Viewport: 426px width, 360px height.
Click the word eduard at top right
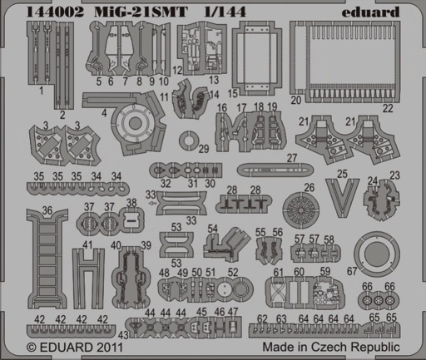click(x=370, y=12)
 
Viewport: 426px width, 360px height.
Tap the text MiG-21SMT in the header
click(x=141, y=12)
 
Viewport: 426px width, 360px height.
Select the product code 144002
click(x=55, y=12)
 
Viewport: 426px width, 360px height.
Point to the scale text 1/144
click(x=225, y=12)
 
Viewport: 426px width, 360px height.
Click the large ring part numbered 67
click(x=358, y=254)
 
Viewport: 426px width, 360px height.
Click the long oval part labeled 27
click(x=275, y=170)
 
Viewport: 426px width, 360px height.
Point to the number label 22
click(x=388, y=108)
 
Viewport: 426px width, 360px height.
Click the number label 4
click(x=104, y=112)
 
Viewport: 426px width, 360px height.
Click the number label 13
click(x=214, y=80)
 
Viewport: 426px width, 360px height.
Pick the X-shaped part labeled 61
click(x=278, y=293)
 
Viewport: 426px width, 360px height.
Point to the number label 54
click(x=212, y=229)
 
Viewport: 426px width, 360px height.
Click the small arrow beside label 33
click(x=152, y=203)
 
